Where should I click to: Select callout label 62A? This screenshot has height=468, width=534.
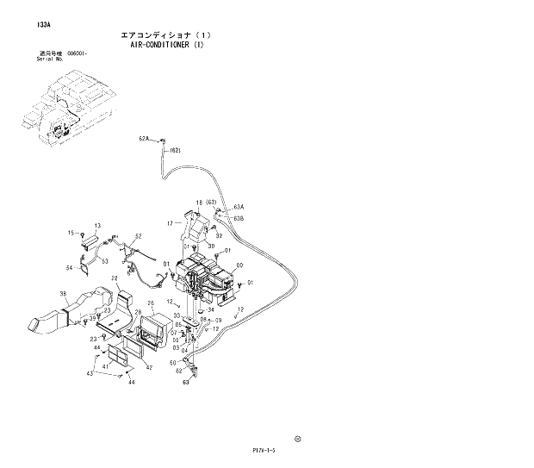[144, 138]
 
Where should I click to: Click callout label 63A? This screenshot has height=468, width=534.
[239, 207]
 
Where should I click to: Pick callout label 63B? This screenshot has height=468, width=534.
[239, 218]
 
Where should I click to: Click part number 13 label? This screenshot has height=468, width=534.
[97, 225]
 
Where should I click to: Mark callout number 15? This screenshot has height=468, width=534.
[71, 233]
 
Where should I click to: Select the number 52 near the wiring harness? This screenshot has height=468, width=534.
[138, 236]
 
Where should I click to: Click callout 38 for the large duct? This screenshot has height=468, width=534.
[62, 295]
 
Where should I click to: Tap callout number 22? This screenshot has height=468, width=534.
[114, 278]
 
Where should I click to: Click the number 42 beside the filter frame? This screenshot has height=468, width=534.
[148, 368]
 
